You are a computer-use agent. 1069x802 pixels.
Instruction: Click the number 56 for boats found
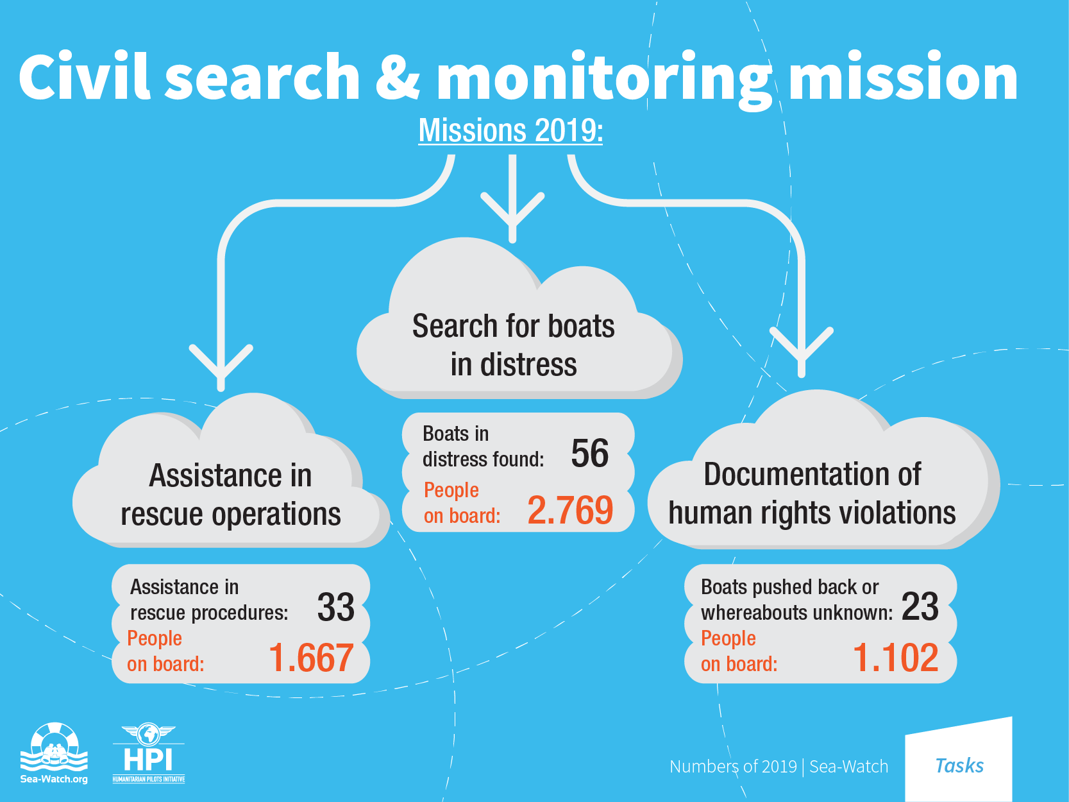pyautogui.click(x=590, y=453)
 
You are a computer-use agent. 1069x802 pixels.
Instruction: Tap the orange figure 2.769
pyautogui.click(x=570, y=510)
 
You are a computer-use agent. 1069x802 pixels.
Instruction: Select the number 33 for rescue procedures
pyautogui.click(x=336, y=607)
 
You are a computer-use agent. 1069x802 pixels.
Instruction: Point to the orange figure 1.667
pyautogui.click(x=311, y=658)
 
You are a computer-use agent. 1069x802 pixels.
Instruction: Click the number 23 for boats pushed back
pyautogui.click(x=920, y=606)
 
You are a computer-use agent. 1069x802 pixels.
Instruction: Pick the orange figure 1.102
pyautogui.click(x=896, y=658)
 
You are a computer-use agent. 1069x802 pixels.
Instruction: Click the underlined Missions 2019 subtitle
pyautogui.click(x=511, y=131)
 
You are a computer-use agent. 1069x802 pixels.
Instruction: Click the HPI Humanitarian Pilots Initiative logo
pyautogui.click(x=149, y=753)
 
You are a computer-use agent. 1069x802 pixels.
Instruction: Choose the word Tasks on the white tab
pyautogui.click(x=959, y=766)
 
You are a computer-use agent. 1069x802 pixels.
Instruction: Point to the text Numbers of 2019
pyautogui.click(x=733, y=767)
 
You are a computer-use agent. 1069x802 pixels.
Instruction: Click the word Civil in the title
pyautogui.click(x=84, y=76)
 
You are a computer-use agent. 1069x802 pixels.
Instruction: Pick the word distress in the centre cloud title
pyautogui.click(x=528, y=364)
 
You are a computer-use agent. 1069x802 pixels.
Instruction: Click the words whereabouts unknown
pyautogui.click(x=796, y=613)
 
